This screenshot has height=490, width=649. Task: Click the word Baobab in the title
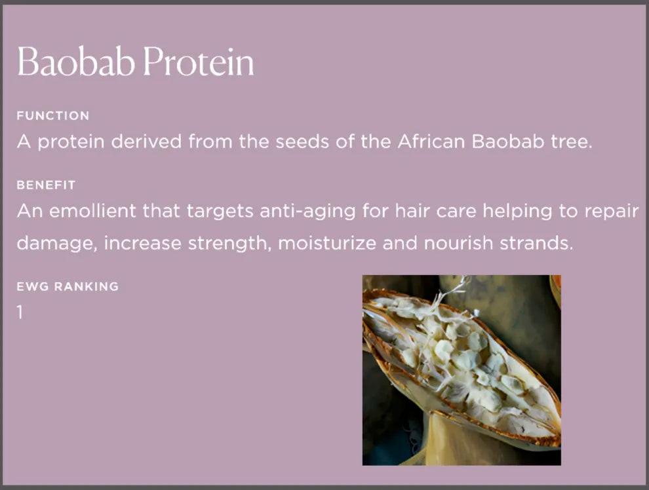(x=76, y=62)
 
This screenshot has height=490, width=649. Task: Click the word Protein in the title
(x=198, y=62)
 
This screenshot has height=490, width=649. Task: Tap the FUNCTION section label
(x=53, y=115)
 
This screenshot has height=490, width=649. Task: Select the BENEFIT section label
(x=46, y=185)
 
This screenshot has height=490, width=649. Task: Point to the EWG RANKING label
(x=68, y=286)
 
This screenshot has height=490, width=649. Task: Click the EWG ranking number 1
(x=20, y=312)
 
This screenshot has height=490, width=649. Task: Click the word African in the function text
(x=431, y=141)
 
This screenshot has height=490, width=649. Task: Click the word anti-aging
(x=307, y=212)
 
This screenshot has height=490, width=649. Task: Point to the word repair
(x=612, y=212)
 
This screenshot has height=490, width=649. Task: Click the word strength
(x=227, y=244)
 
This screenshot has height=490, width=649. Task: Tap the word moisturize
(x=327, y=243)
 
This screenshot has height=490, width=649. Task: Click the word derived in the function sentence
(x=147, y=141)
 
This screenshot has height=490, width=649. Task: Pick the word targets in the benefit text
(x=220, y=212)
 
